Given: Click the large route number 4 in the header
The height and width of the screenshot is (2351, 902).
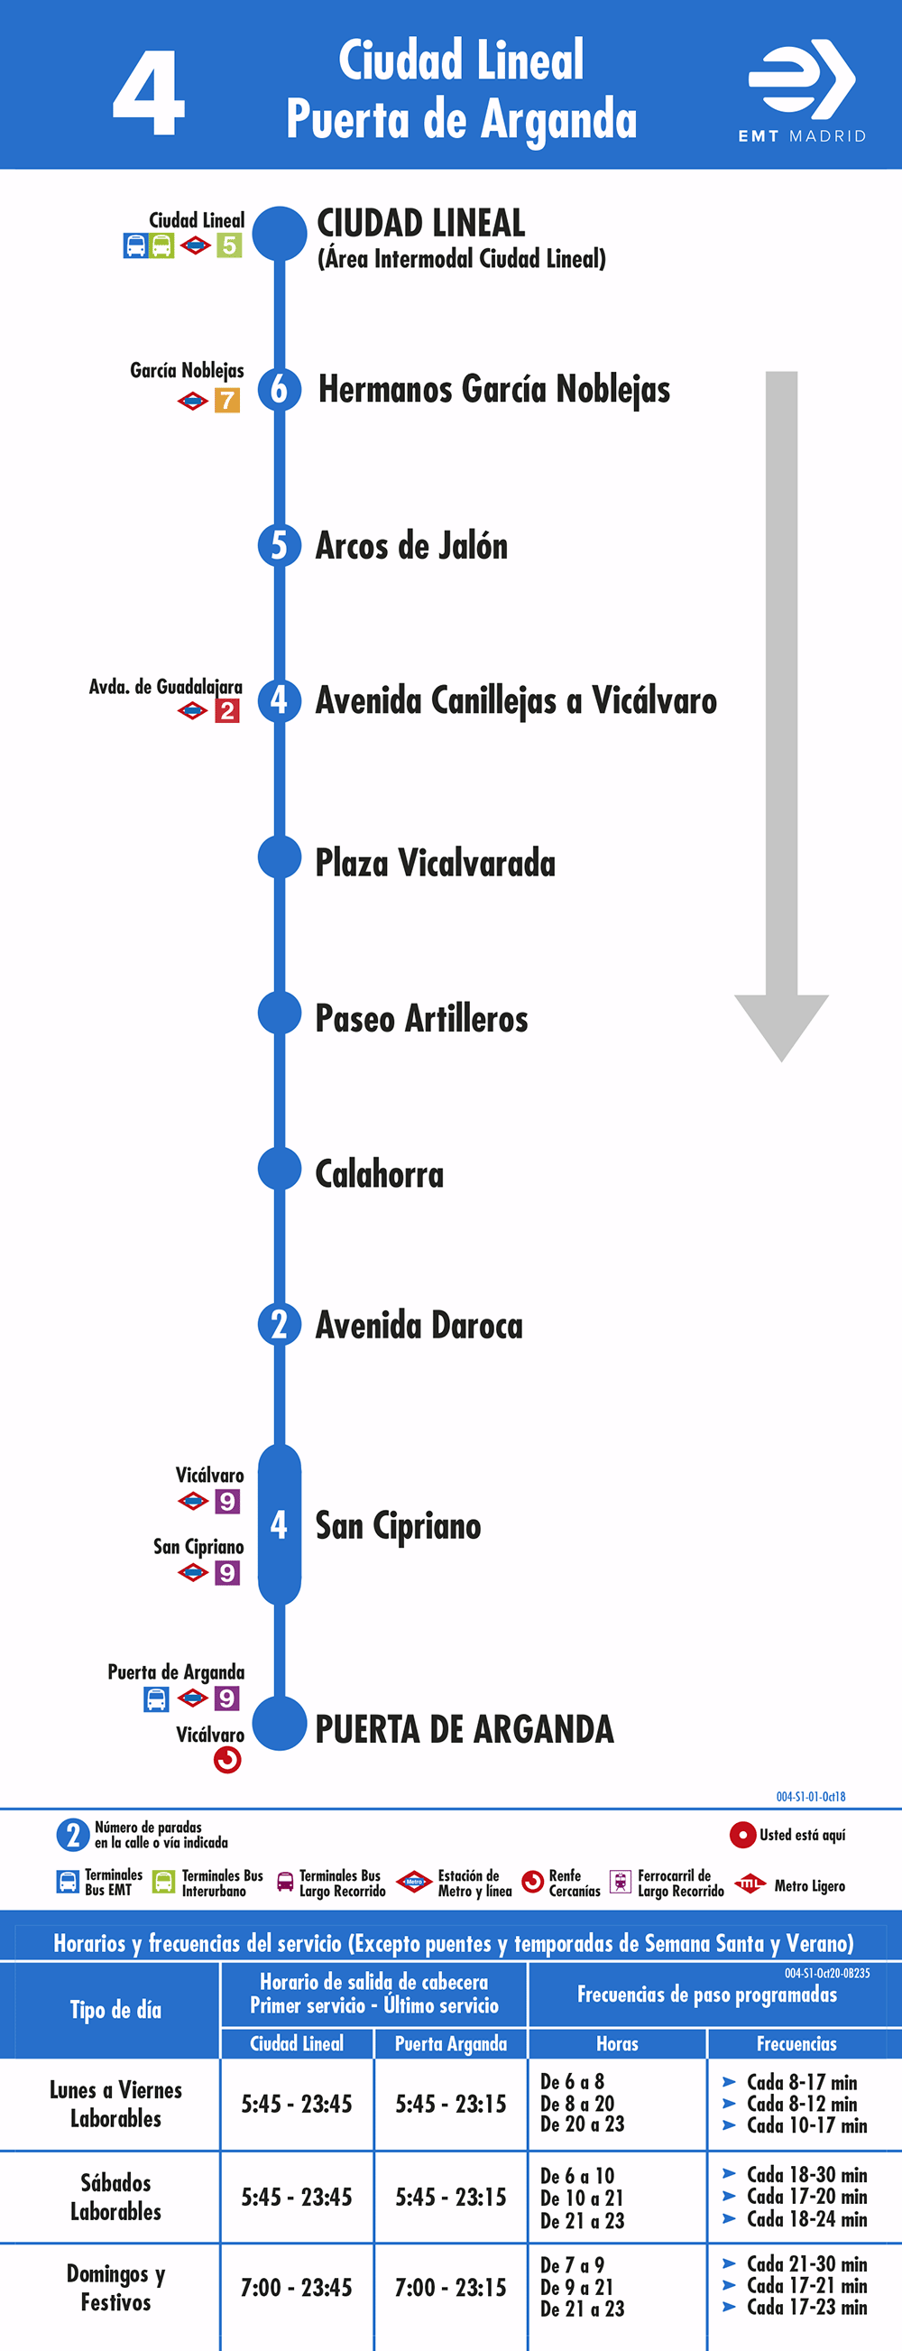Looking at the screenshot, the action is (149, 94).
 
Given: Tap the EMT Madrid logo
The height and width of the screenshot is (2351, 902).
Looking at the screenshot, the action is (802, 90).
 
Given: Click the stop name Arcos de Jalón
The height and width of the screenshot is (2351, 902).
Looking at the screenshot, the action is (411, 546).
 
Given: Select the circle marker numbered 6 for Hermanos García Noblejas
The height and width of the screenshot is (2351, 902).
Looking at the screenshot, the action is (279, 390).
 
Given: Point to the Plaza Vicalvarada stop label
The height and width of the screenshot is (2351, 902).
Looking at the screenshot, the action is (435, 863).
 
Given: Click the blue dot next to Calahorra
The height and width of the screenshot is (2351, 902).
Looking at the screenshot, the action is (279, 1169).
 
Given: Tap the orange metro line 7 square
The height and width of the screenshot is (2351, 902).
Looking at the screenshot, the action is (227, 401).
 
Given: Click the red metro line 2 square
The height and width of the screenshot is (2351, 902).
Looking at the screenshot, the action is (227, 711).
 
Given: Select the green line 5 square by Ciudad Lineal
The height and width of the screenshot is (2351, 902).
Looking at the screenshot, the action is (229, 245).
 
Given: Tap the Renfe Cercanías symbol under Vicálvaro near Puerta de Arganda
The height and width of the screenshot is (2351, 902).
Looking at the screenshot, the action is (227, 1760).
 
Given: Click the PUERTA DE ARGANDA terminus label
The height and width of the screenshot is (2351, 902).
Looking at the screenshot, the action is (465, 1729).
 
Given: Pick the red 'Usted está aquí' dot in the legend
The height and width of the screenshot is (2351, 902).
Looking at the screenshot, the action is (742, 1835).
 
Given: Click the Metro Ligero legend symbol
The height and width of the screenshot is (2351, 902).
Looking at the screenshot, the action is (750, 1884).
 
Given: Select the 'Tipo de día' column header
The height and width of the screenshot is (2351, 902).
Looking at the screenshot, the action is (115, 2010).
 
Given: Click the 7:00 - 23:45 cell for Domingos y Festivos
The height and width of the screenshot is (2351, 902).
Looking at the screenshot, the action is (297, 2287).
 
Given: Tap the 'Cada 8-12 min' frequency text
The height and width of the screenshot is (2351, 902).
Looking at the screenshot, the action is (802, 2103).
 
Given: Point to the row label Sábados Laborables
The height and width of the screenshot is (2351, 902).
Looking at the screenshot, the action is (115, 2197).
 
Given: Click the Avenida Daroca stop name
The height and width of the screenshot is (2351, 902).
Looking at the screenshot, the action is (419, 1325).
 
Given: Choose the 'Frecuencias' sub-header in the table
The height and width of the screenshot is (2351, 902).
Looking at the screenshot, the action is (796, 2043).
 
